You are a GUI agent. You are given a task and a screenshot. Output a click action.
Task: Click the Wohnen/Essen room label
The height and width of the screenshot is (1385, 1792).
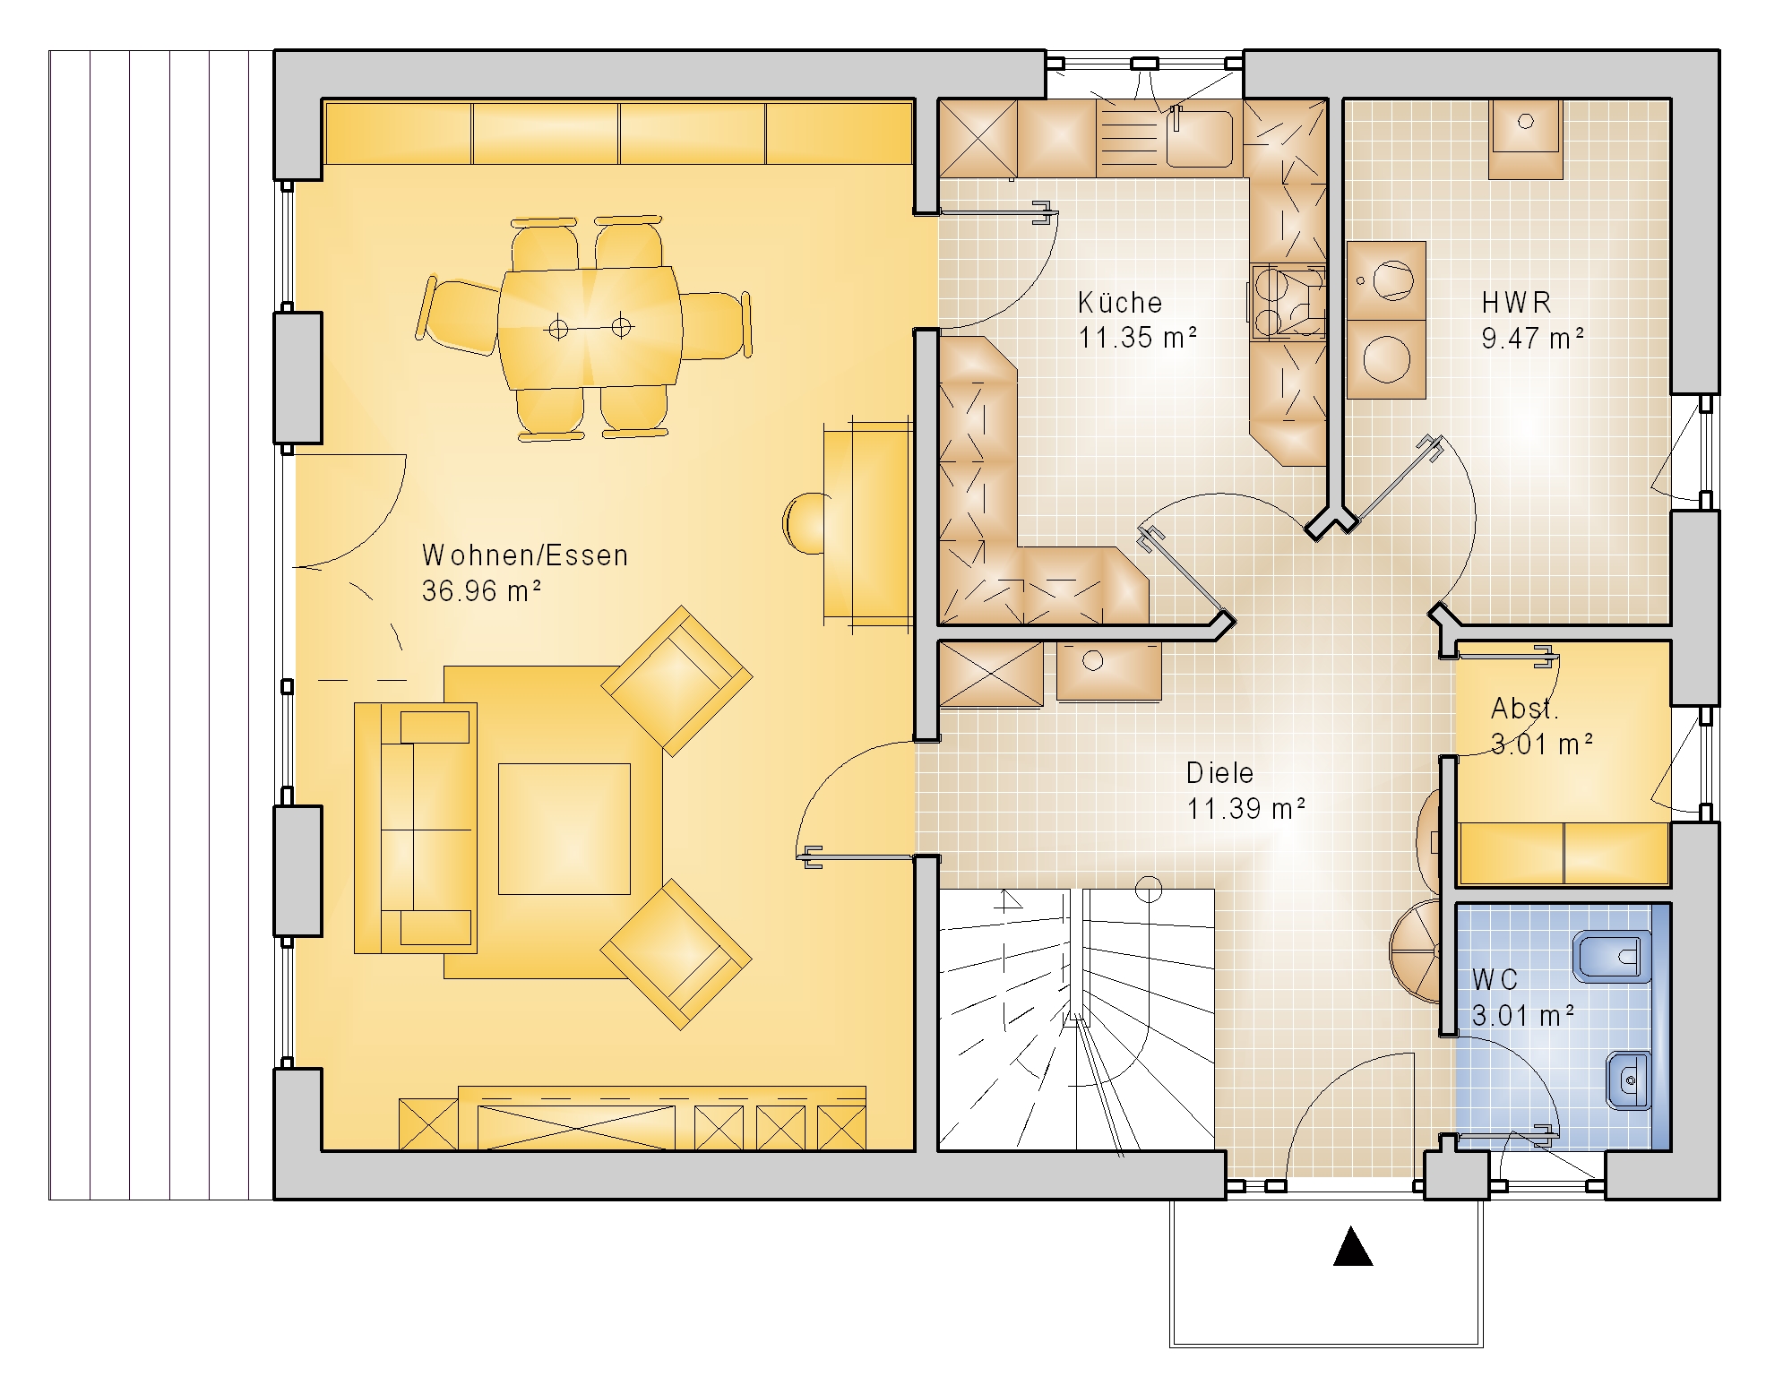pyautogui.click(x=525, y=555)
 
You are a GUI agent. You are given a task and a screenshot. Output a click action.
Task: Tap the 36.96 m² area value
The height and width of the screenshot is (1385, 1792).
pyautogui.click(x=481, y=591)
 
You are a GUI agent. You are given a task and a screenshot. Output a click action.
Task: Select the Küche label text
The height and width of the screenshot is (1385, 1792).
pyautogui.click(x=1120, y=302)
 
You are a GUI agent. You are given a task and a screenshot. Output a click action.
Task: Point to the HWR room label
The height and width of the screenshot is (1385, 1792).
pyautogui.click(x=1516, y=302)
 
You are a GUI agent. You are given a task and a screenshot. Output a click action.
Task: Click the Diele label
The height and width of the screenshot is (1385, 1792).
pyautogui.click(x=1219, y=772)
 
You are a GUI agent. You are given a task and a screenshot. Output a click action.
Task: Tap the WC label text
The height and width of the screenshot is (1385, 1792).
pyautogui.click(x=1495, y=979)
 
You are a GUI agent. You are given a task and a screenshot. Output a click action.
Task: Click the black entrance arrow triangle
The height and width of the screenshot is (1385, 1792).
pyautogui.click(x=1353, y=1246)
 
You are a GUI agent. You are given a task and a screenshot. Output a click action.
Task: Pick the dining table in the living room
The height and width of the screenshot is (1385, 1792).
pyautogui.click(x=590, y=327)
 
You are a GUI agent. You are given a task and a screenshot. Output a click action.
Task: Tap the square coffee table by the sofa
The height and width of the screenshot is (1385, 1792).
pyautogui.click(x=564, y=829)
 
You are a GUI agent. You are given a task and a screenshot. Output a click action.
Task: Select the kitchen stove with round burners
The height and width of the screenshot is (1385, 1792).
pyautogui.click(x=1288, y=303)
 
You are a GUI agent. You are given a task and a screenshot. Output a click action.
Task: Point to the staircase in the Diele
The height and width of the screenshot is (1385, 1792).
pyautogui.click(x=1075, y=1019)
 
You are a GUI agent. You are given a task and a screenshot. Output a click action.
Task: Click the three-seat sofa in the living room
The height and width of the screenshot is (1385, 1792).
pyautogui.click(x=415, y=828)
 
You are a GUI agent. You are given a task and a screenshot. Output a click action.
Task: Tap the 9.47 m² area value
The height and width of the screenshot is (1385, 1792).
pyautogui.click(x=1533, y=338)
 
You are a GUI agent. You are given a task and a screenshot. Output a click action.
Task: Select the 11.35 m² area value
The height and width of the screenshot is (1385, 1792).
pyautogui.click(x=1138, y=338)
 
